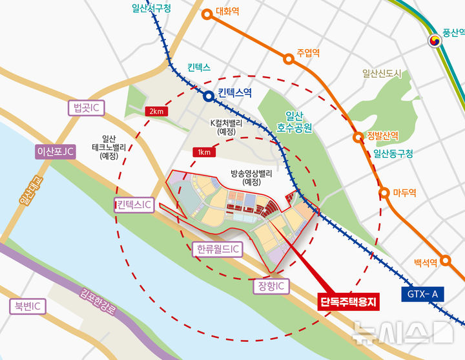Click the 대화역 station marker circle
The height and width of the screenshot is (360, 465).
click(x=207, y=13)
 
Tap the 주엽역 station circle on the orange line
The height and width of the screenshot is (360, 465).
click(x=289, y=59)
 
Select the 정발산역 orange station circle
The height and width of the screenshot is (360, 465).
click(x=357, y=137)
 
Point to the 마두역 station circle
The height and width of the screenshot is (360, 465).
click(x=384, y=193)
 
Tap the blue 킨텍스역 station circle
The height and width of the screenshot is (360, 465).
click(x=209, y=97)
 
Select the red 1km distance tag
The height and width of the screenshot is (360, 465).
click(x=203, y=152)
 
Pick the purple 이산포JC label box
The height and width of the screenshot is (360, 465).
click(x=56, y=152)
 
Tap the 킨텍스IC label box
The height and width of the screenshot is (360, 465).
click(x=134, y=206)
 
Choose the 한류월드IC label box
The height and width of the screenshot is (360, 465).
click(x=217, y=249)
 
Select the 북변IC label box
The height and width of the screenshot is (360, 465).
click(x=26, y=306)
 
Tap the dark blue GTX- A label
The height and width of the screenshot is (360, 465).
click(x=423, y=295)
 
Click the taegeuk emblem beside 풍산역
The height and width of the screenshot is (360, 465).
click(x=436, y=41)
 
